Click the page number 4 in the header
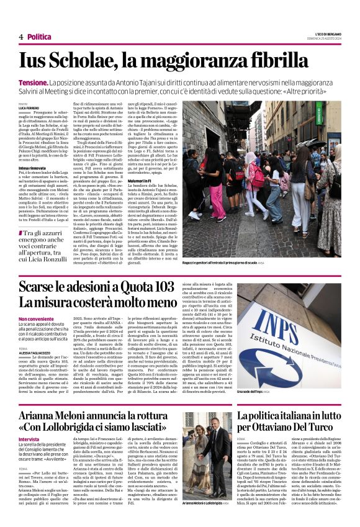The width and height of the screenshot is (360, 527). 20,37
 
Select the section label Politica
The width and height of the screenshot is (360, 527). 40,37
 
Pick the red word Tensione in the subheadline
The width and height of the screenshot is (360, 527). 34,82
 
